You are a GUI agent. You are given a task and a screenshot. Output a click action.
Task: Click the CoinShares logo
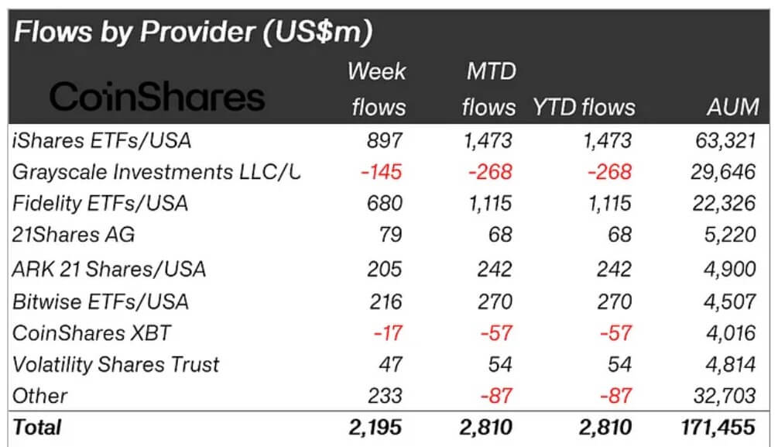[x=157, y=98]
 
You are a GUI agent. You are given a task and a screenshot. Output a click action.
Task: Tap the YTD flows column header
[x=583, y=107]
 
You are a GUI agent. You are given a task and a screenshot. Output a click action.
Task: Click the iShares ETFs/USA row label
[x=101, y=140]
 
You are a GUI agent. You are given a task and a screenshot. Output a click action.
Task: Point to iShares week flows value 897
[x=385, y=140]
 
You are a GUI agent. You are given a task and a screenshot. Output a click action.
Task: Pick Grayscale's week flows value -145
[x=380, y=172]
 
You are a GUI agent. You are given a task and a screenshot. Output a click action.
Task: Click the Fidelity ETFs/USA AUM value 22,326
[x=722, y=204]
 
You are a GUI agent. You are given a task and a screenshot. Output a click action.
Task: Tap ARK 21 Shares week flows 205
[x=385, y=269]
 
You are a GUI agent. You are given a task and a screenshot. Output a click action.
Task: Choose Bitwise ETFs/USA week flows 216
[x=385, y=301]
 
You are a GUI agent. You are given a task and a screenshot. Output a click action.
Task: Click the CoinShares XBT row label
[x=91, y=333]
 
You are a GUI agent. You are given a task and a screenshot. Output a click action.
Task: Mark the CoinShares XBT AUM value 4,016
[x=728, y=333]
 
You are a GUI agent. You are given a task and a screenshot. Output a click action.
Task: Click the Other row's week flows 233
[x=385, y=396]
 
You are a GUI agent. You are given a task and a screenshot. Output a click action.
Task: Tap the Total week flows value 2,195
[x=377, y=426]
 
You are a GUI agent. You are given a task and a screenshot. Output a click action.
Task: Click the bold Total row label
[x=36, y=426]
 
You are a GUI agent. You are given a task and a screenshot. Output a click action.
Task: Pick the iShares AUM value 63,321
[x=722, y=140]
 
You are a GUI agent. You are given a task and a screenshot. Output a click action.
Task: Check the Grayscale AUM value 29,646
[x=722, y=172]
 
